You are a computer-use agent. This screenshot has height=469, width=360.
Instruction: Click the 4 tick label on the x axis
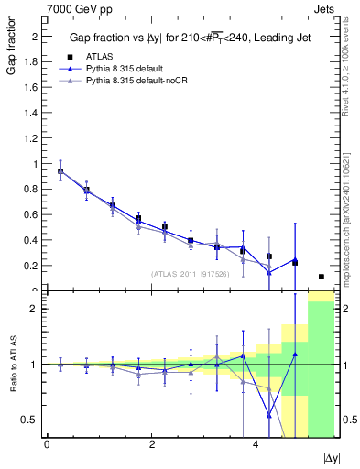(x=255, y=444)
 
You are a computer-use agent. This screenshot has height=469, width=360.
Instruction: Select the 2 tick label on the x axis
(x=151, y=444)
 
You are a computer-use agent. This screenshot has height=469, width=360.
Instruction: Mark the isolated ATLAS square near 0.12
(x=322, y=277)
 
